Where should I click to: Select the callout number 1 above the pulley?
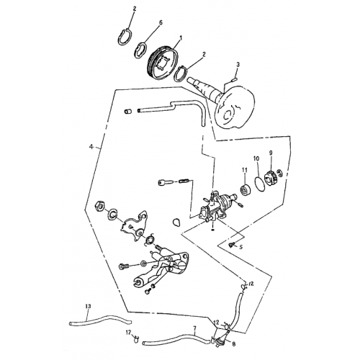tap(180, 37)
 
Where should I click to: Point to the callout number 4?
tap(91, 147)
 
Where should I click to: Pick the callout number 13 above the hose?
tap(88, 307)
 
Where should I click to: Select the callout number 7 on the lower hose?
tap(194, 328)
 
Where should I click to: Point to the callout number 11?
tap(244, 170)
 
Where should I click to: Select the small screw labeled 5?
tap(230, 246)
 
